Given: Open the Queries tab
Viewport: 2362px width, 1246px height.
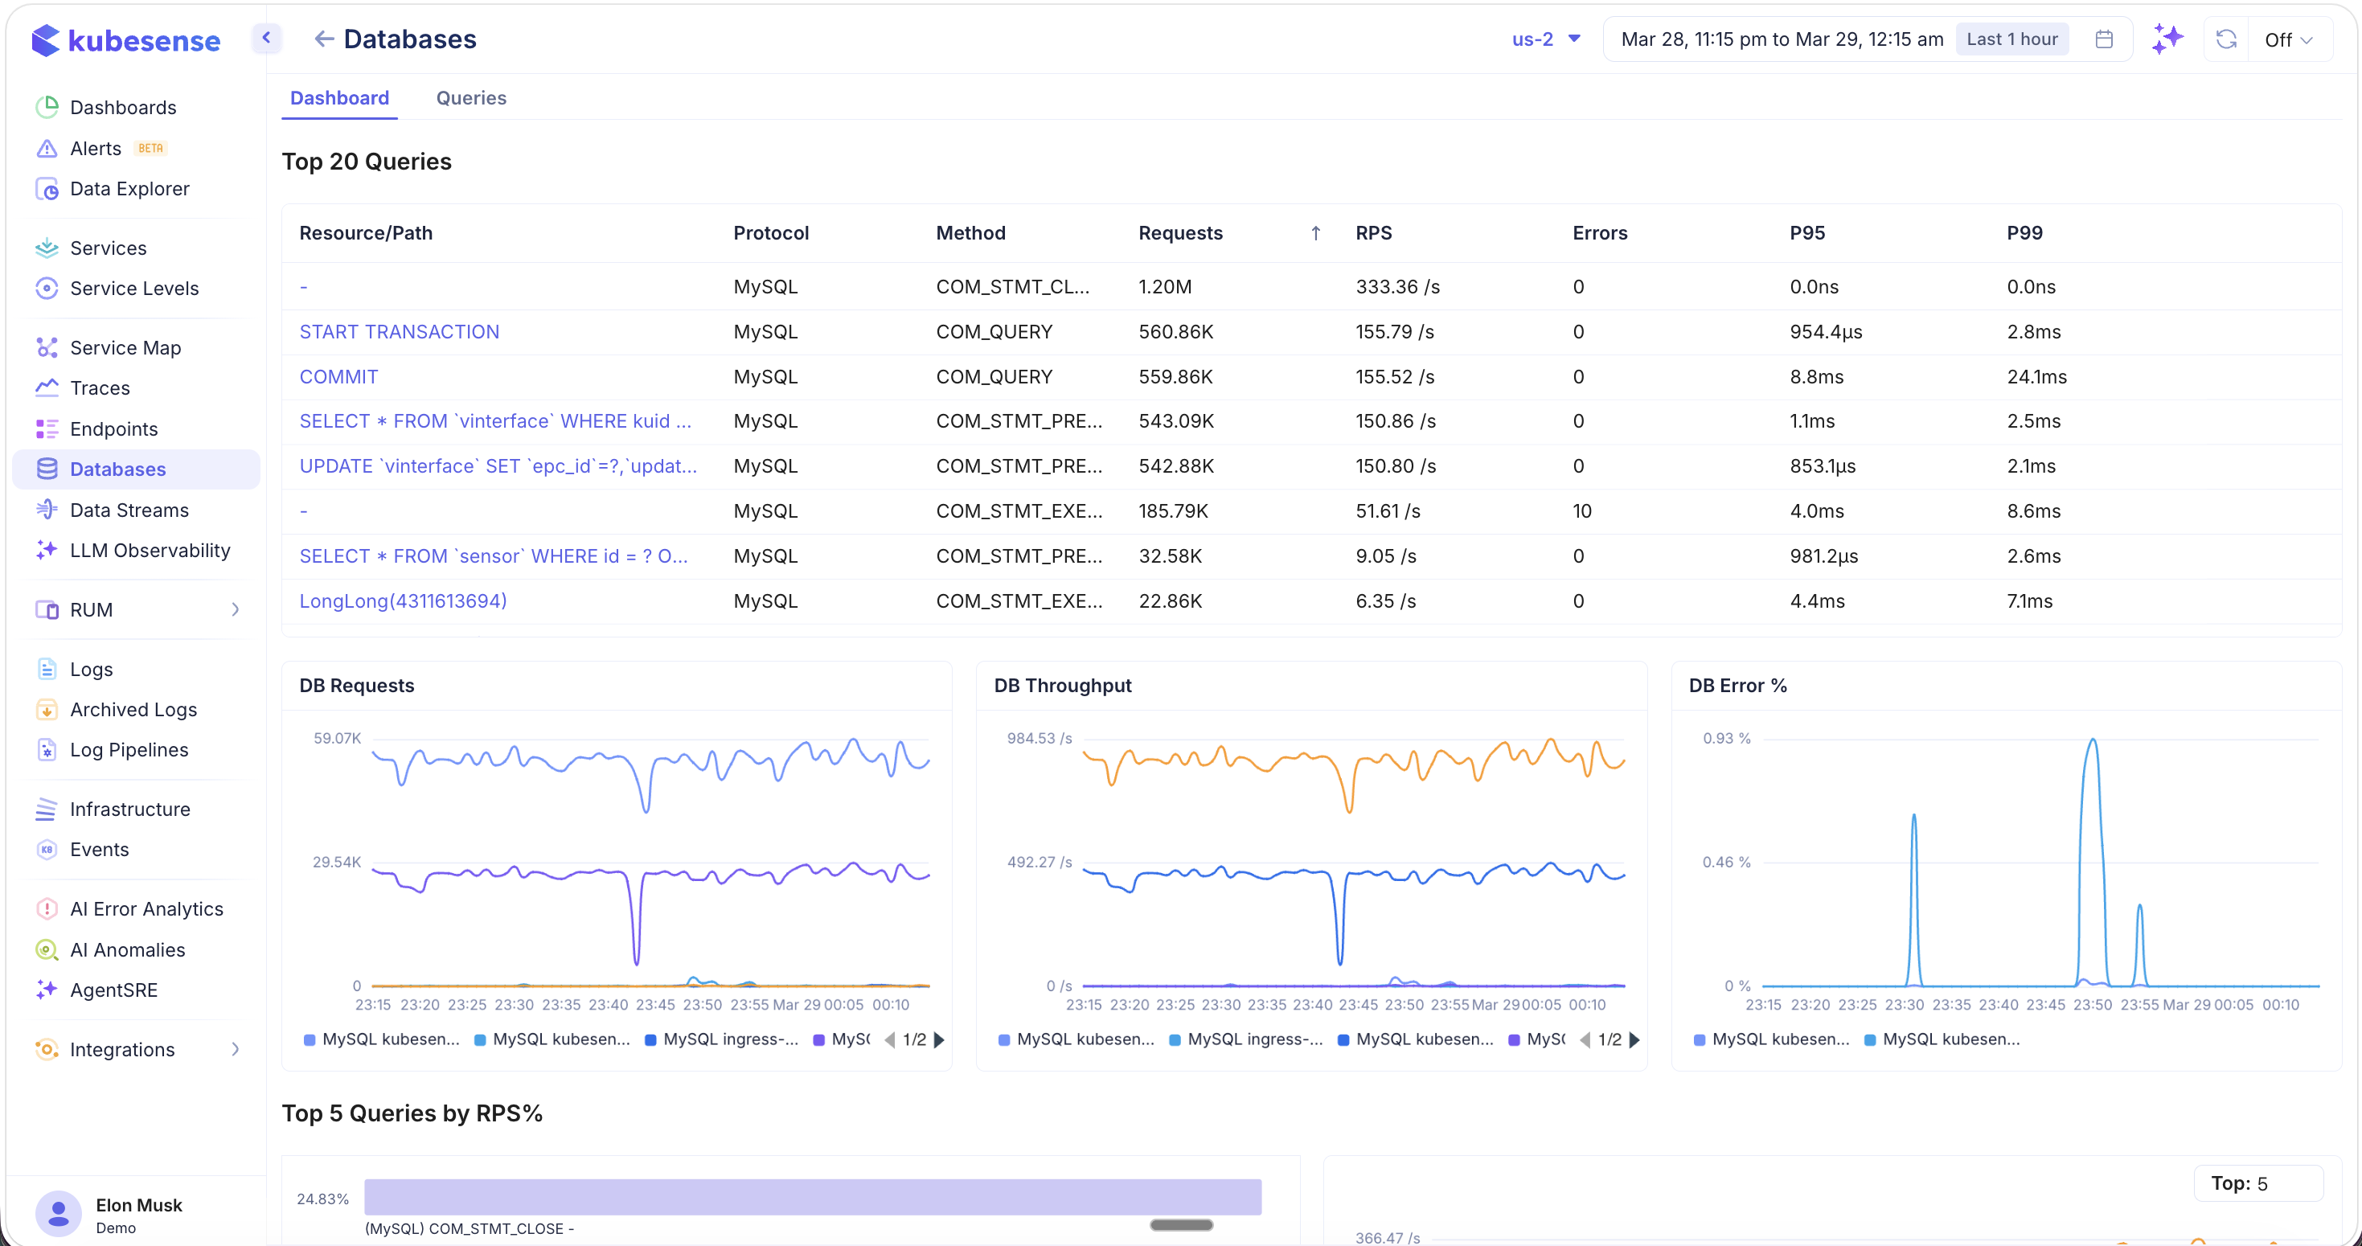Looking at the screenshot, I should (x=470, y=98).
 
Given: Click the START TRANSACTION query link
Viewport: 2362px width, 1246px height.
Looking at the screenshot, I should (x=399, y=332).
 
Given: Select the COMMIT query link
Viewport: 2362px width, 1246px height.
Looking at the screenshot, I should (x=338, y=377).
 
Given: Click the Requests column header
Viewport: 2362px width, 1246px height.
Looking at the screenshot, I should (x=1180, y=233).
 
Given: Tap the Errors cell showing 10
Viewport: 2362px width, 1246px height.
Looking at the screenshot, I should (x=1581, y=510).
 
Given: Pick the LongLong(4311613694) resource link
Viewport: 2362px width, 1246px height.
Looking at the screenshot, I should (x=403, y=601).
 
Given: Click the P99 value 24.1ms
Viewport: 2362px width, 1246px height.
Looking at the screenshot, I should (x=2036, y=377).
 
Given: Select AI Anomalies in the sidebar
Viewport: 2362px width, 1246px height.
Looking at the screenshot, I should (x=128, y=950).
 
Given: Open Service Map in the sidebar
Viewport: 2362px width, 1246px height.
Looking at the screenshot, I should (x=125, y=347).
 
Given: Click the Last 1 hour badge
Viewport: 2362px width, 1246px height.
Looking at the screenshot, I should (x=2011, y=39).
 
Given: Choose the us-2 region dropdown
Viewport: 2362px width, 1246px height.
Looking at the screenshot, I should (x=1546, y=39).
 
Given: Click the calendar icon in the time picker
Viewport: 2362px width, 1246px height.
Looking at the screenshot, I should (x=2105, y=39).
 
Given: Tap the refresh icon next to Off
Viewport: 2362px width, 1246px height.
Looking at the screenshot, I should (x=2225, y=39).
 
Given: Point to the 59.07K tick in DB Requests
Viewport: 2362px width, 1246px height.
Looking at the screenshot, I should (x=338, y=738).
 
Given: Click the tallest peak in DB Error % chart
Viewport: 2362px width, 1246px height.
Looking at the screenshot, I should (x=2093, y=741).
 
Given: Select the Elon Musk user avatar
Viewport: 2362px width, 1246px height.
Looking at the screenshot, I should (x=59, y=1214).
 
